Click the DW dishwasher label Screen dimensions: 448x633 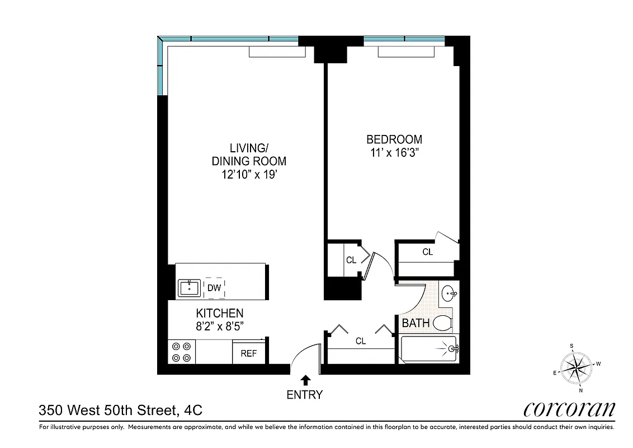(x=214, y=288)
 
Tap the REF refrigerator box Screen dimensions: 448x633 (x=248, y=353)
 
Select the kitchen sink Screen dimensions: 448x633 (x=189, y=288)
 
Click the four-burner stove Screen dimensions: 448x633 (x=181, y=352)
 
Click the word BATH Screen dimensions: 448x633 (x=415, y=323)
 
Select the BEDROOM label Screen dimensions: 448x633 (x=394, y=139)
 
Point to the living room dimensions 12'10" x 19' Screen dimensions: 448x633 (x=249, y=175)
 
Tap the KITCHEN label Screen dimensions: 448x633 (x=219, y=313)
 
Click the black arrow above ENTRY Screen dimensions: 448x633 (x=305, y=380)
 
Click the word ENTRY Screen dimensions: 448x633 (x=305, y=395)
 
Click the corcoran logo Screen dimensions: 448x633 (x=569, y=409)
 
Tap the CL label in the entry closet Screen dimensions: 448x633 (x=361, y=341)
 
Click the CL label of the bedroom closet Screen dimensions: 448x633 (x=427, y=253)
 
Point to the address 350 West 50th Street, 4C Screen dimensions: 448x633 (x=120, y=411)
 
